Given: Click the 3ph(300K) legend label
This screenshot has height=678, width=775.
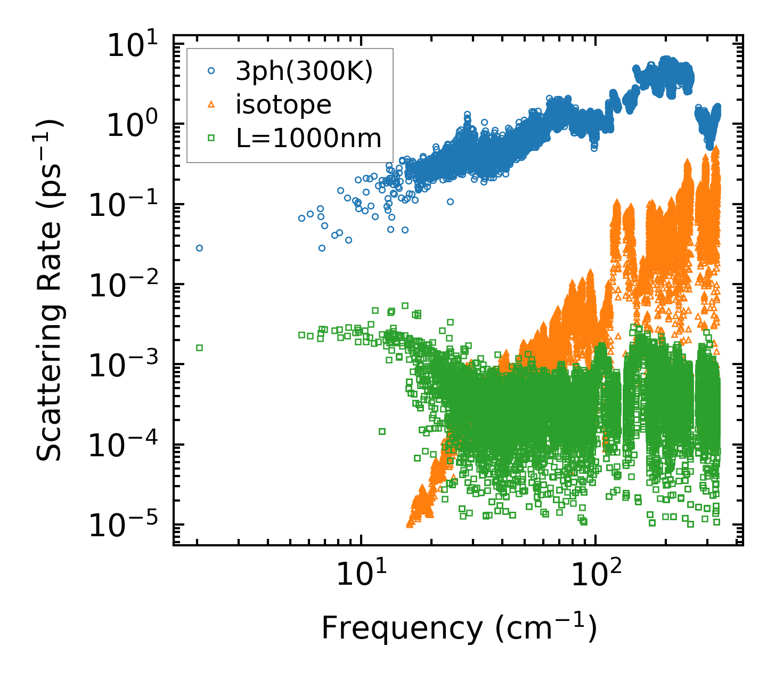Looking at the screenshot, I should click(304, 71).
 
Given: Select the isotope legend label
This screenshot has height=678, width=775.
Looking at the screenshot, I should click(283, 105).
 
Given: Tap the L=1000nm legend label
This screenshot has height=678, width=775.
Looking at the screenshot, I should click(309, 139).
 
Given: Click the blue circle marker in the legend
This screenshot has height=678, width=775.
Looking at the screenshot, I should click(211, 70).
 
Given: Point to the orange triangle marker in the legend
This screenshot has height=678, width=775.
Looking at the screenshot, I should click(211, 104).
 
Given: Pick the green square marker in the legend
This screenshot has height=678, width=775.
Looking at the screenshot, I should click(211, 138).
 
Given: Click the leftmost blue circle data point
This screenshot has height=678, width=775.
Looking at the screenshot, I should click(199, 248).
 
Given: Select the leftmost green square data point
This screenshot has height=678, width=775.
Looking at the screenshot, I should click(199, 348).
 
